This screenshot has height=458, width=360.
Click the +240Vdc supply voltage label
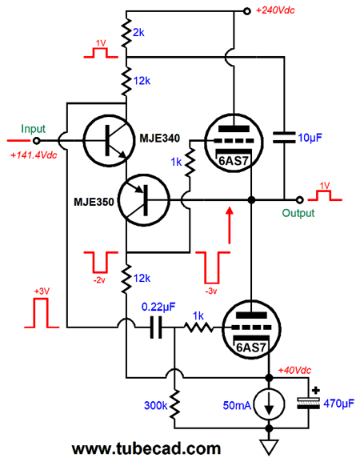click(275, 10)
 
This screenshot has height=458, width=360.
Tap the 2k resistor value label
click(138, 33)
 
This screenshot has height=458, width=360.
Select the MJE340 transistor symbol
click(109, 140)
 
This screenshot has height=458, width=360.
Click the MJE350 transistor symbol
click(144, 200)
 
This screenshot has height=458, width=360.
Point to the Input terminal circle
click(37, 141)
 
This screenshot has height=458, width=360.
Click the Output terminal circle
click(300, 200)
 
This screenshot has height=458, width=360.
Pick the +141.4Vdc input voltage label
click(34, 155)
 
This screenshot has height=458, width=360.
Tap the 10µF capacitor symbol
click(284, 138)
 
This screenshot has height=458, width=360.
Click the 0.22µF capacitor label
click(158, 307)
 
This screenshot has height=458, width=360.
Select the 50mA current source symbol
click(269, 405)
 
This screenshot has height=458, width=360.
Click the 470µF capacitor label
click(338, 404)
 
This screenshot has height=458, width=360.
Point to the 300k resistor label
click(156, 405)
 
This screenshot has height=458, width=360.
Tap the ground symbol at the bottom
click(269, 447)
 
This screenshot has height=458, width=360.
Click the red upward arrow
click(230, 225)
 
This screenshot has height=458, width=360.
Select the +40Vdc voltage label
click(294, 371)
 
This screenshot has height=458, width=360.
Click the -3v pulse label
click(211, 291)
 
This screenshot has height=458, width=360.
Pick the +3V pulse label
click(42, 291)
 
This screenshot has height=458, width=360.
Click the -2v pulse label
click(99, 280)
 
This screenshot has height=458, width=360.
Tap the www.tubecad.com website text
click(146, 448)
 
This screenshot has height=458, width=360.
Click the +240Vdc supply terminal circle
click(247, 11)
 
